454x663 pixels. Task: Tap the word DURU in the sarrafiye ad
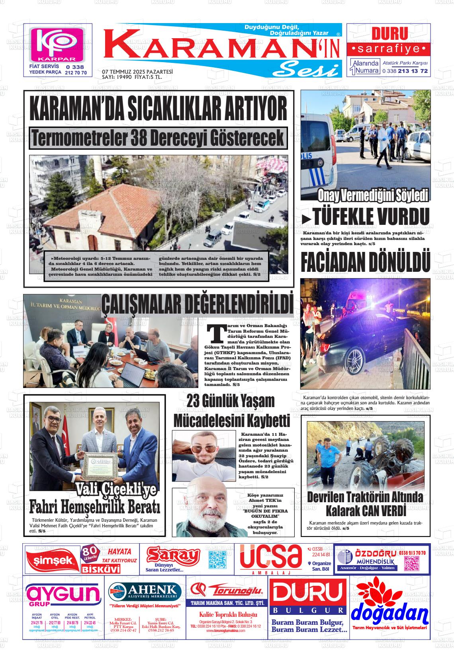pyautogui.click(x=389, y=34)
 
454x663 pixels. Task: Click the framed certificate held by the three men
pyautogui.click(x=100, y=464)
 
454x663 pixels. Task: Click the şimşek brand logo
pyautogui.click(x=51, y=560)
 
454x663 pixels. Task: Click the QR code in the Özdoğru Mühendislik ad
pyautogui.click(x=412, y=563)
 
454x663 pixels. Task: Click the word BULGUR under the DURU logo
pyautogui.click(x=308, y=610)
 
